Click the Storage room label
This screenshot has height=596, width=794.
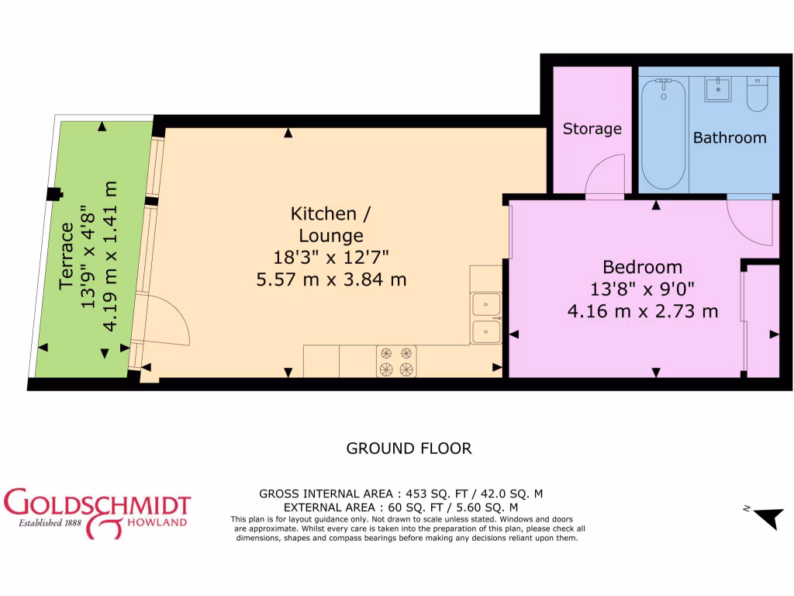pyautogui.click(x=592, y=129)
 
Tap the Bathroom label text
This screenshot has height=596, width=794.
pyautogui.click(x=729, y=137)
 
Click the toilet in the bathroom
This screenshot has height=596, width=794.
pyautogui.click(x=757, y=95)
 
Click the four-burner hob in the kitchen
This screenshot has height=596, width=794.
pyautogui.click(x=396, y=361)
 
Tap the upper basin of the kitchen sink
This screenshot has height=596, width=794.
pyautogui.click(x=486, y=304)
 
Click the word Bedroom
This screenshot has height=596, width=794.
pyautogui.click(x=642, y=267)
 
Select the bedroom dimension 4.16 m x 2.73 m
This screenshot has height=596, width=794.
pyautogui.click(x=642, y=311)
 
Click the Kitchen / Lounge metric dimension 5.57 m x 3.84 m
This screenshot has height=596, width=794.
pyautogui.click(x=331, y=279)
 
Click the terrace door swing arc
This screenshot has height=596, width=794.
pyautogui.click(x=166, y=321)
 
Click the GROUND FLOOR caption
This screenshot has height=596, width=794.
pyautogui.click(x=408, y=448)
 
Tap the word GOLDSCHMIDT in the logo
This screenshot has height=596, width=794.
pyautogui.click(x=97, y=503)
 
